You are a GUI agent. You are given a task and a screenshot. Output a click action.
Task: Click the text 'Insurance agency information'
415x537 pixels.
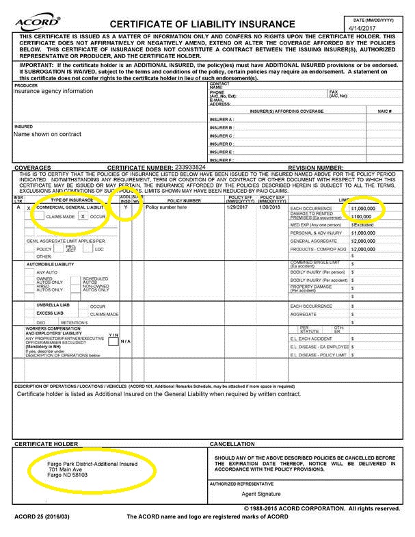point(53,91)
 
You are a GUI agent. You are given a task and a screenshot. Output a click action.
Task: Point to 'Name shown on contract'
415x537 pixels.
point(46,134)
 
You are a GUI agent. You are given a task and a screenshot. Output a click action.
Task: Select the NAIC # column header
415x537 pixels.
point(384,110)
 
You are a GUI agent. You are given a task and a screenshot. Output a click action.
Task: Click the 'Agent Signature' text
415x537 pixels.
point(263,493)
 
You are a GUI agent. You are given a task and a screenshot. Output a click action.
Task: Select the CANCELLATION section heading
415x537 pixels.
point(236,444)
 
